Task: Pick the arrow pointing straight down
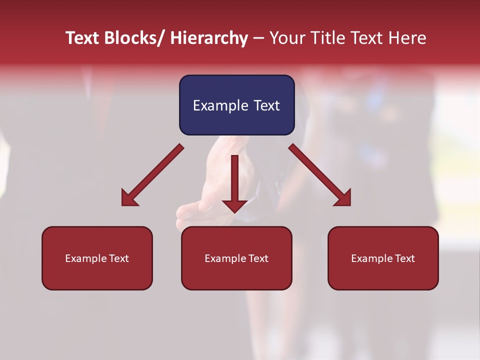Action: (234, 180)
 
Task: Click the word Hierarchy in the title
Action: (209, 38)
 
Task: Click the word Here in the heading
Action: (408, 38)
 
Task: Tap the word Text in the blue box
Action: (266, 105)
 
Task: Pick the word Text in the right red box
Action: (404, 258)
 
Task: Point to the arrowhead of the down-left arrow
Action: (129, 199)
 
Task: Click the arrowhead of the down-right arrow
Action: (343, 199)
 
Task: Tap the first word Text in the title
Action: (82, 38)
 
